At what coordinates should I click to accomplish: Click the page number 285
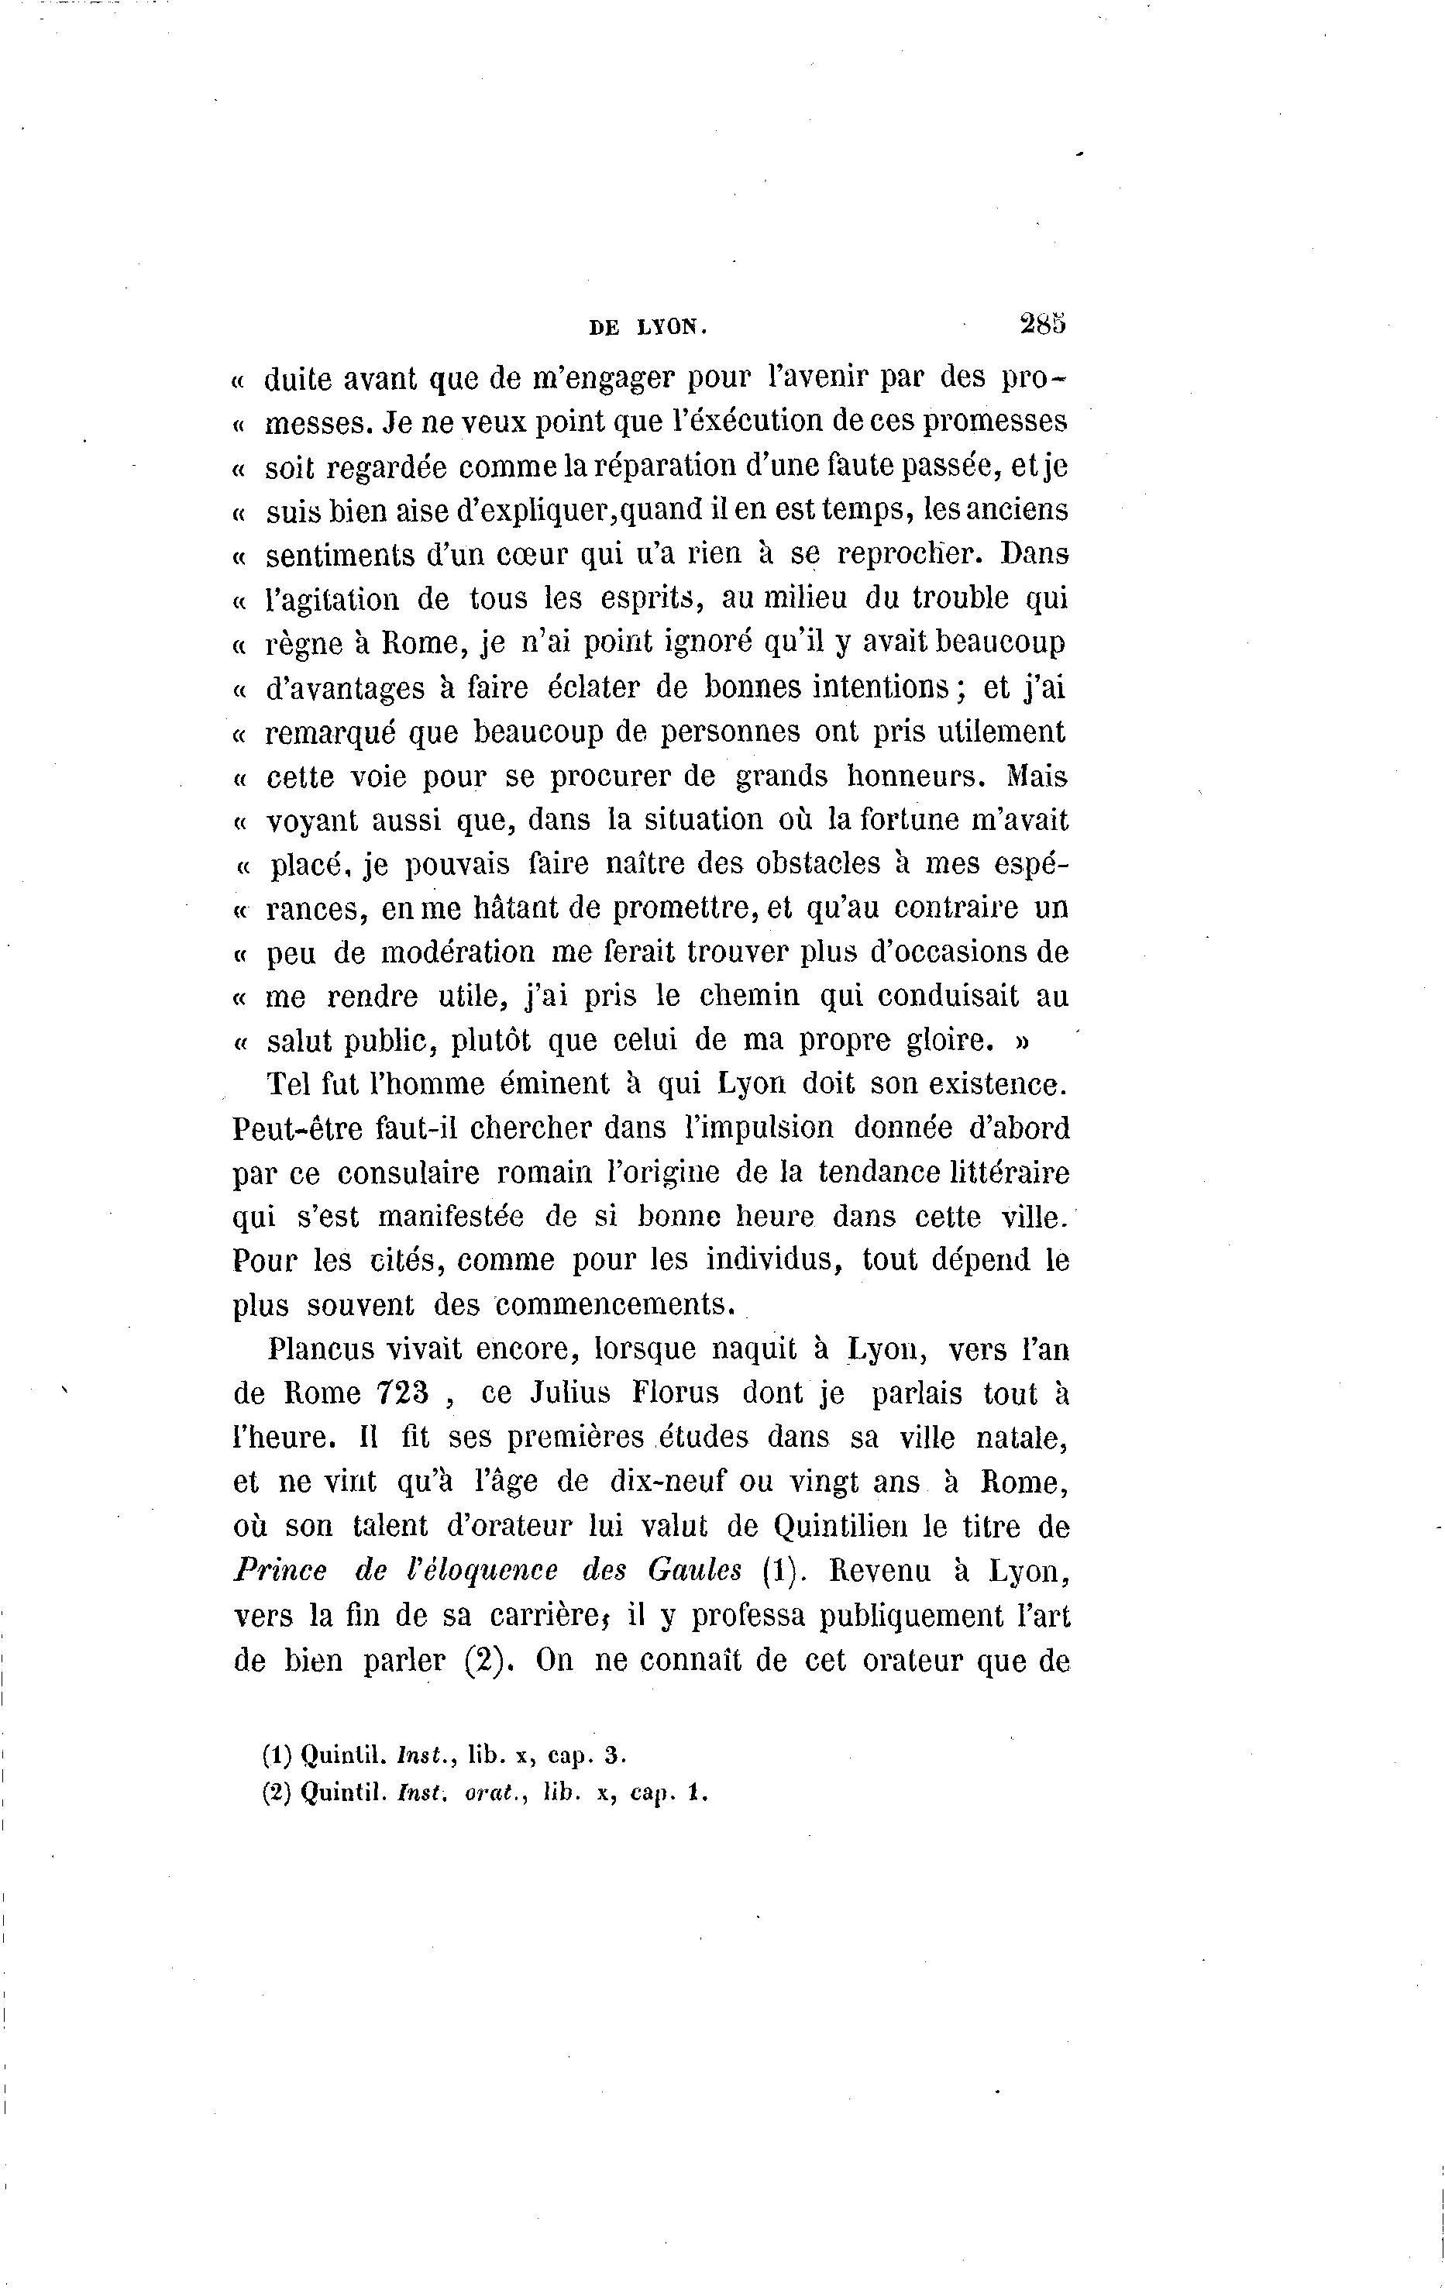(x=1043, y=323)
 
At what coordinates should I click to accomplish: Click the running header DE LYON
(x=649, y=328)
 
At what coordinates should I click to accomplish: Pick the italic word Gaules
(x=694, y=1571)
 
